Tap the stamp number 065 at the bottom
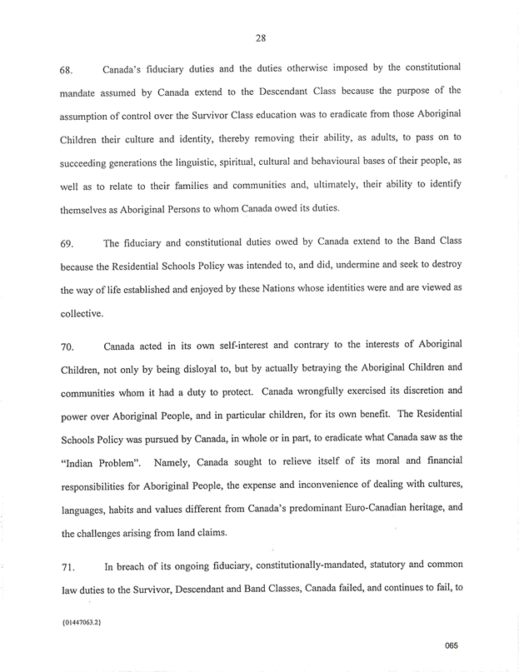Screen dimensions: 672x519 point(451,645)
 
